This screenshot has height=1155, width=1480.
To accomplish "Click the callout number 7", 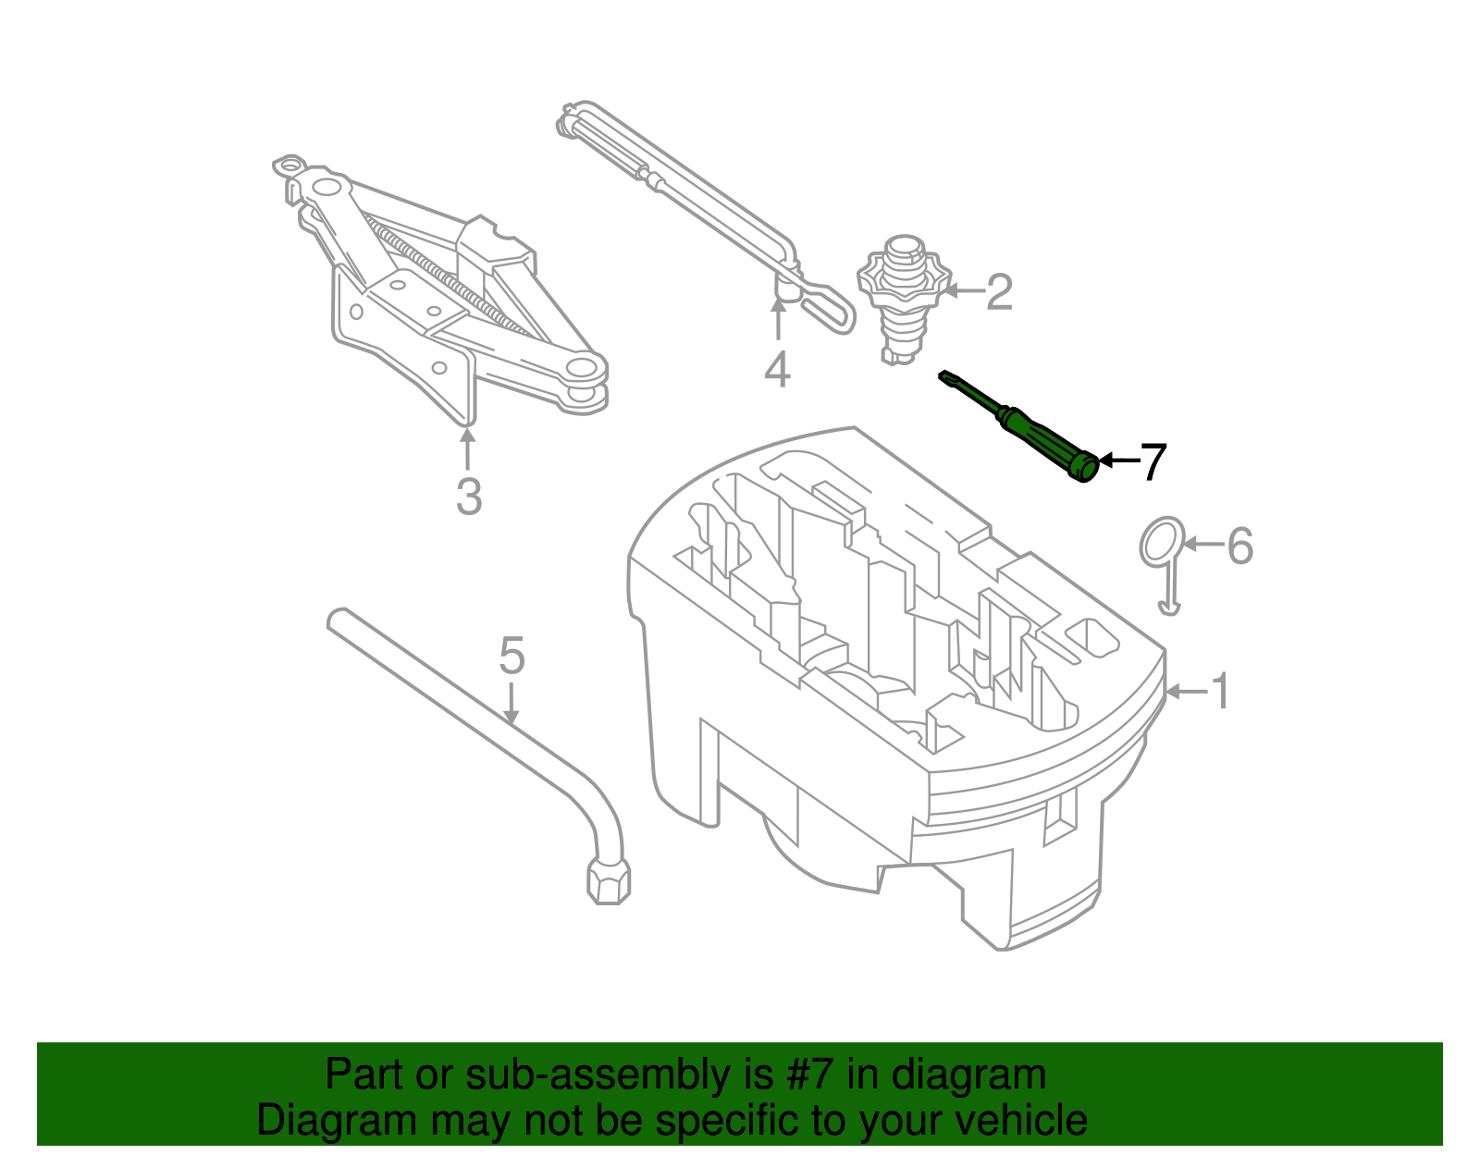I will (1153, 461).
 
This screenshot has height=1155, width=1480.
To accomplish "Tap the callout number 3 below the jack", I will (469, 497).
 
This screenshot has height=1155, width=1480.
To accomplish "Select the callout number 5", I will (512, 656).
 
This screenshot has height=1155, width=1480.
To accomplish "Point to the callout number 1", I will (1221, 692).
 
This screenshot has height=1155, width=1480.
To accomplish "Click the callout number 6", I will (1240, 546).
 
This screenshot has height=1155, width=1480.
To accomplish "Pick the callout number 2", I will (999, 292).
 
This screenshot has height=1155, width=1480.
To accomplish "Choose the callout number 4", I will (778, 370).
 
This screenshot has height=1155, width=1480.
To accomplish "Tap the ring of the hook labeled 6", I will (1162, 542).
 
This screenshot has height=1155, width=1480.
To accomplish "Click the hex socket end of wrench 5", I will (609, 880).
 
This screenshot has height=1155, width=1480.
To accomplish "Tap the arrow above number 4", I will (779, 319).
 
